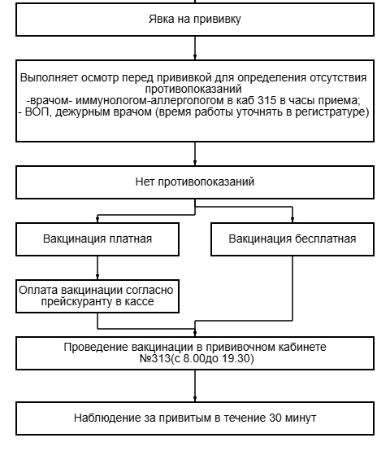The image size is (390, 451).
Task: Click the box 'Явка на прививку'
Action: pyautogui.click(x=195, y=20)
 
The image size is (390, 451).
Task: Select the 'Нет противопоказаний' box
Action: pyautogui.click(x=195, y=182)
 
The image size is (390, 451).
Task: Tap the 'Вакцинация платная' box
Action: pyautogui.click(x=97, y=239)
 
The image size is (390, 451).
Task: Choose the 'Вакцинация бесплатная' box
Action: pyautogui.click(x=292, y=239)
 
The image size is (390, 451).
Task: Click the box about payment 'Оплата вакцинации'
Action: pyautogui.click(x=97, y=296)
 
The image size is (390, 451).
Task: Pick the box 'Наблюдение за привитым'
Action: pyautogui.click(x=195, y=418)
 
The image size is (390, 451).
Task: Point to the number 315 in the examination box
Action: pyautogui.click(x=267, y=100)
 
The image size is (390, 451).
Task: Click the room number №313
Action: pyautogui.click(x=154, y=359)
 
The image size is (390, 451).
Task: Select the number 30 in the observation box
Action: pyautogui.click(x=275, y=418)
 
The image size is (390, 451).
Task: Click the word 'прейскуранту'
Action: pyautogui.click(x=76, y=302)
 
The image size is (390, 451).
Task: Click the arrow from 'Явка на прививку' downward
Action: pyautogui.click(x=195, y=48)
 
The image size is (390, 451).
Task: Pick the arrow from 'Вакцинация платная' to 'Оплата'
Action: pyautogui.click(x=97, y=268)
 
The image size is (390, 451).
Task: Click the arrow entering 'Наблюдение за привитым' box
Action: pyautogui.click(x=195, y=386)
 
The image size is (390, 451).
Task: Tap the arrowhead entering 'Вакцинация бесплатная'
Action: pyautogui.click(x=292, y=220)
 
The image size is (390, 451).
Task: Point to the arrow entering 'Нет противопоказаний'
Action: pyautogui.click(x=195, y=154)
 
